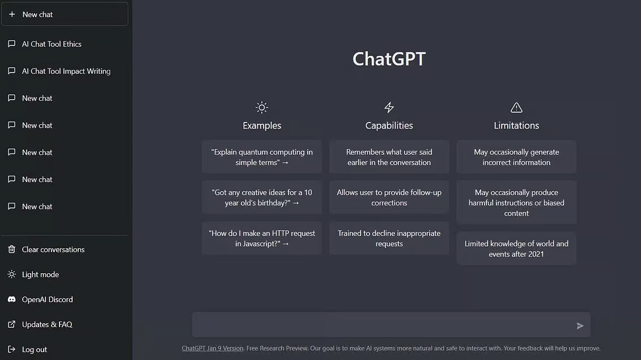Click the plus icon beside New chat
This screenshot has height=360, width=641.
(12, 15)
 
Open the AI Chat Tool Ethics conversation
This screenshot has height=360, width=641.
(52, 44)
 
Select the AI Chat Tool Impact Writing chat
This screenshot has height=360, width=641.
(66, 71)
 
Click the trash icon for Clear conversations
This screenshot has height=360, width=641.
(12, 249)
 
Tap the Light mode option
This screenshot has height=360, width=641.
(40, 274)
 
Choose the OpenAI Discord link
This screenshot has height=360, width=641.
(47, 299)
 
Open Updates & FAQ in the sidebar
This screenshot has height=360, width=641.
(47, 324)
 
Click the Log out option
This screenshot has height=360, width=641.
(34, 349)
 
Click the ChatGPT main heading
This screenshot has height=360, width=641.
(389, 59)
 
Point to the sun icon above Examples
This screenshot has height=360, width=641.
(261, 107)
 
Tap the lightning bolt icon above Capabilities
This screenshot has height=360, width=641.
(389, 107)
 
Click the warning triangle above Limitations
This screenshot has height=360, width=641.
(516, 107)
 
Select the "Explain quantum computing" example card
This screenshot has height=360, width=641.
(262, 157)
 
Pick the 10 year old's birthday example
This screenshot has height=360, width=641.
(262, 197)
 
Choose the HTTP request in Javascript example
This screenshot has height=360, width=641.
(262, 238)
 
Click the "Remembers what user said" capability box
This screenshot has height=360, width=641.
(389, 157)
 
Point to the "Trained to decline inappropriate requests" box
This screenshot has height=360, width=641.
(389, 238)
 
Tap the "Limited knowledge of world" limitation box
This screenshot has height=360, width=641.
(516, 248)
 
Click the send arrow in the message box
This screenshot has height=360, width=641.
(580, 325)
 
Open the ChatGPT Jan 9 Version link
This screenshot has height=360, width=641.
(213, 348)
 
